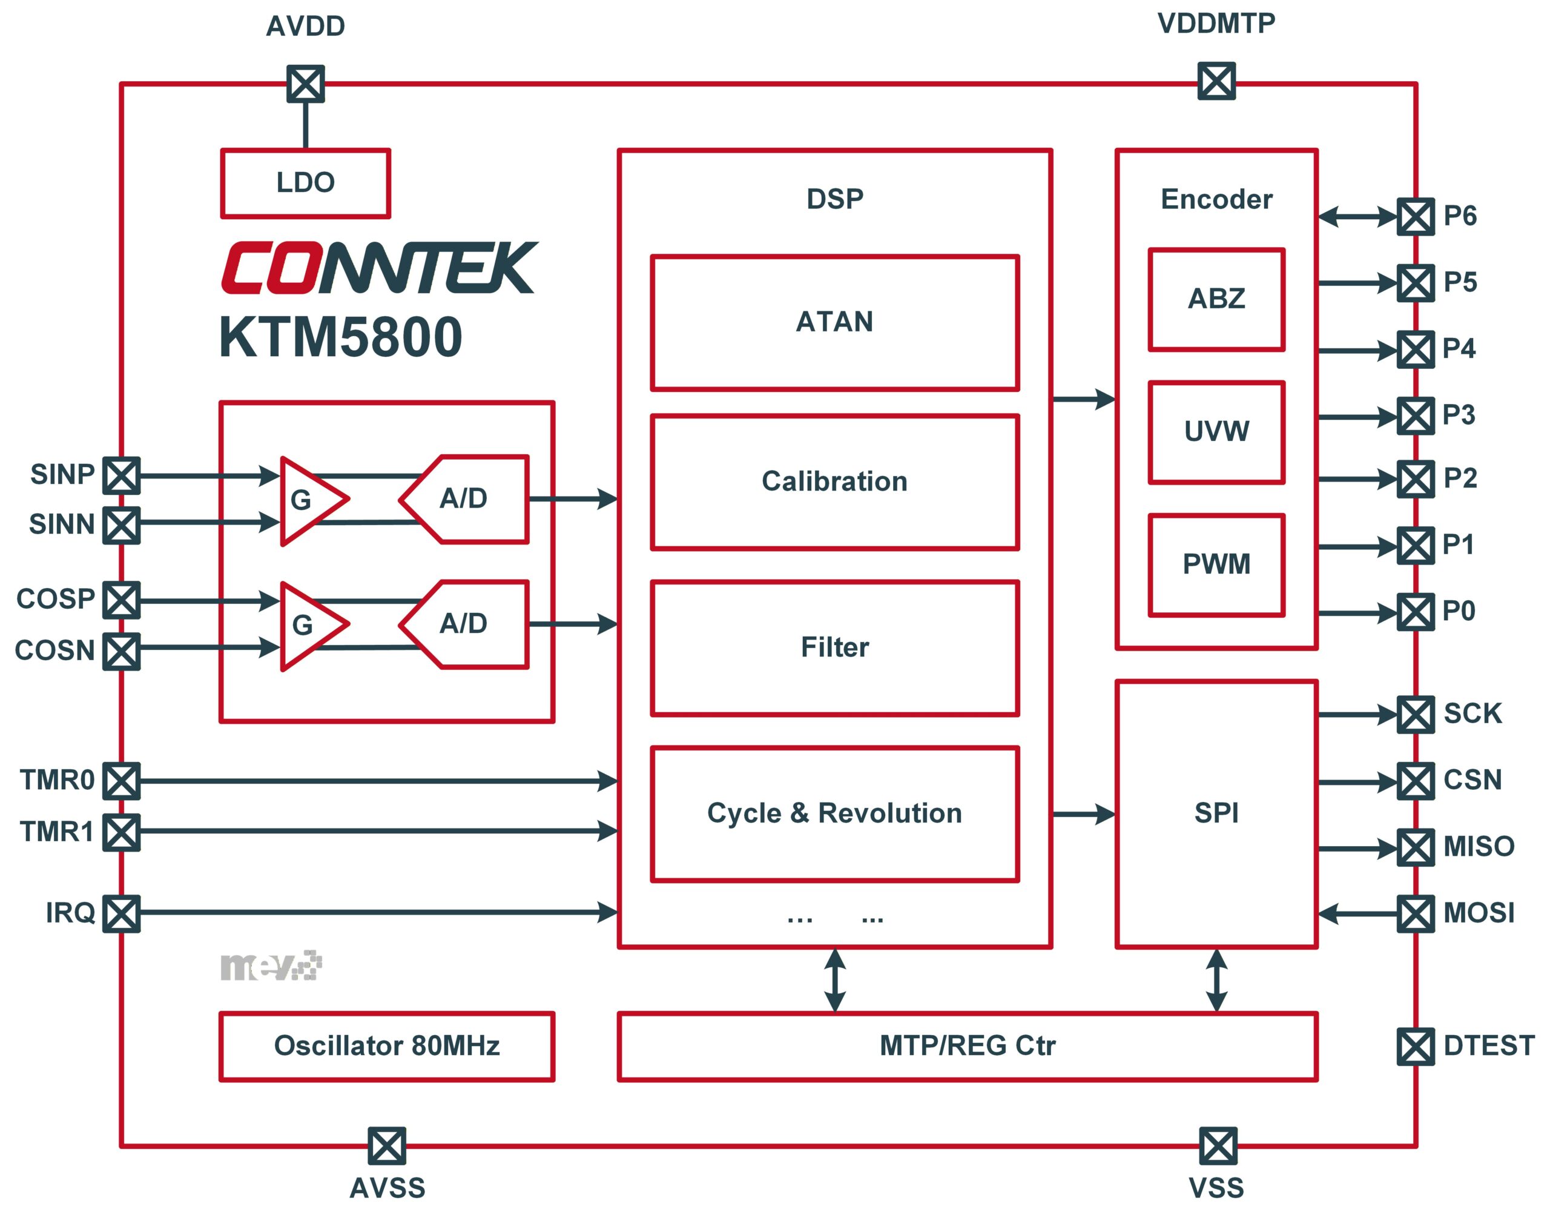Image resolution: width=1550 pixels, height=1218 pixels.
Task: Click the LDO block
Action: [x=305, y=184]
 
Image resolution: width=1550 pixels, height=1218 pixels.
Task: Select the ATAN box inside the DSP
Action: [x=834, y=322]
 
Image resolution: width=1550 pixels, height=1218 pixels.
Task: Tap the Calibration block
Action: [x=834, y=482]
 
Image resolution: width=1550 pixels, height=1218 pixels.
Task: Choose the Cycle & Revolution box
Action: [x=834, y=813]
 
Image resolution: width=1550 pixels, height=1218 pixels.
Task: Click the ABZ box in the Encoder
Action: [x=1216, y=300]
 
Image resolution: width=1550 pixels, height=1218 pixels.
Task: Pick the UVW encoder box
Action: [x=1216, y=432]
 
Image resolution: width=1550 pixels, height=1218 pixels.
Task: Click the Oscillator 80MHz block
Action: [x=386, y=1046]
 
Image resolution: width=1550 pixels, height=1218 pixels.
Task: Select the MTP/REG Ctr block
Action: [x=967, y=1046]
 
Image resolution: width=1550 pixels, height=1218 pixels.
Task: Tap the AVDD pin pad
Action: [x=306, y=84]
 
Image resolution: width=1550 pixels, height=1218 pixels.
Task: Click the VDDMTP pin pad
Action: [x=1216, y=81]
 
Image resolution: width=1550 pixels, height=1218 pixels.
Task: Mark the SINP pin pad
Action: [x=121, y=475]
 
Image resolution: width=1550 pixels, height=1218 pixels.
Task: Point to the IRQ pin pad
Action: [x=121, y=913]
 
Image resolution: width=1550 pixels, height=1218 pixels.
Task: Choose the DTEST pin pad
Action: [x=1415, y=1046]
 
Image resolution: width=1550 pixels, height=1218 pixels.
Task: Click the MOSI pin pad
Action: [x=1415, y=913]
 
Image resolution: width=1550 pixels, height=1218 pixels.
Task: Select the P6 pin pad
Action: [x=1415, y=217]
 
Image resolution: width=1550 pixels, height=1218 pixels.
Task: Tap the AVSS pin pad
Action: [x=387, y=1146]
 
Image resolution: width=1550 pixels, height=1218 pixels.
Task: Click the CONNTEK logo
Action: [x=379, y=268]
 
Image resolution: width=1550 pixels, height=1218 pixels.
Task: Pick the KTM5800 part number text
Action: [x=341, y=337]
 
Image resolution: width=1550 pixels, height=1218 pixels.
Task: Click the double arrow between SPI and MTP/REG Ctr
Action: [x=1216, y=981]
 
